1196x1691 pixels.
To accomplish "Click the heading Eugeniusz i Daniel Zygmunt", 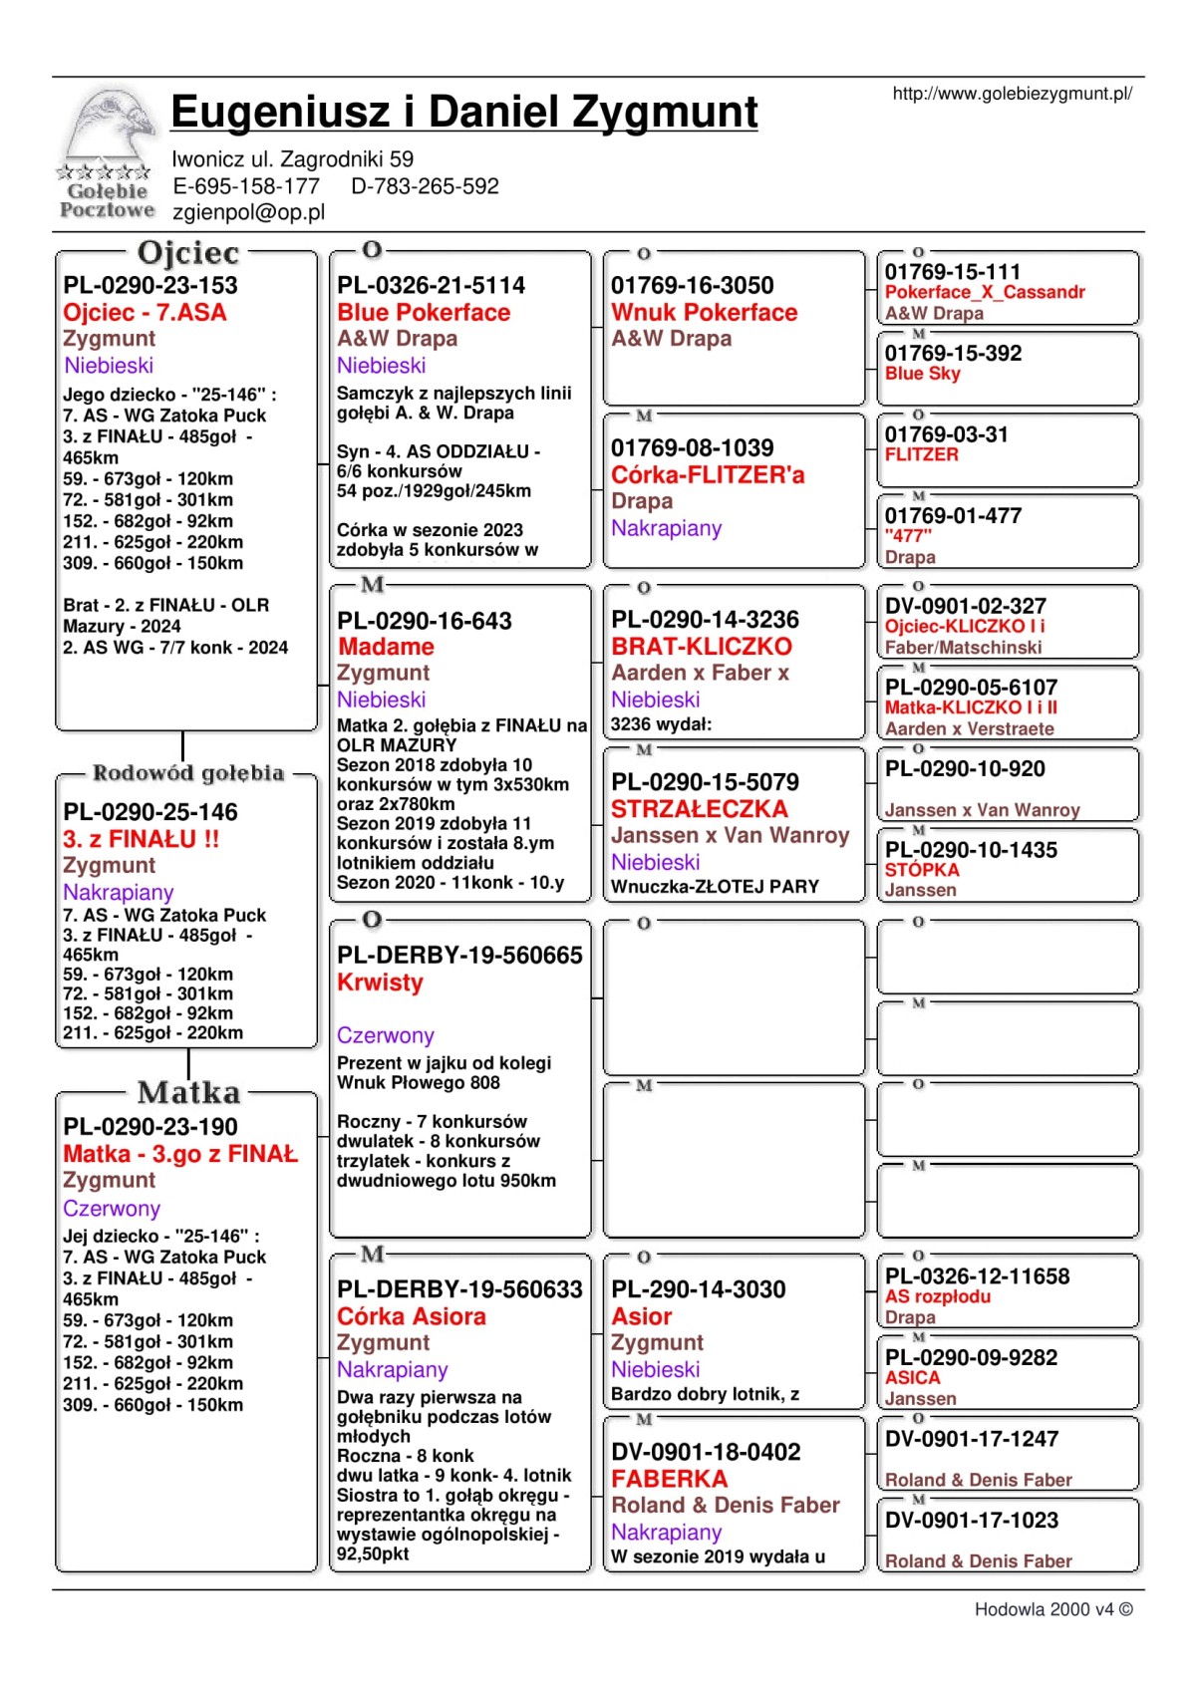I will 463,112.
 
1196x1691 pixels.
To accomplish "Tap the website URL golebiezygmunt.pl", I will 1012,94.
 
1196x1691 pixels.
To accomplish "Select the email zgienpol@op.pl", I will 248,212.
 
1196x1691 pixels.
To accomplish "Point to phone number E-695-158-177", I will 246,186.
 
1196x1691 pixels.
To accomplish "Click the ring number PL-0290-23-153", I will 150,285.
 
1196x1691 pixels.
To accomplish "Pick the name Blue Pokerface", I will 424,313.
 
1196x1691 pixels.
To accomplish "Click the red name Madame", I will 386,647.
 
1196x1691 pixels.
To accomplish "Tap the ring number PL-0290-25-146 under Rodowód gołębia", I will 150,812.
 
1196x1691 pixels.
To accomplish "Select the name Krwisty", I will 380,983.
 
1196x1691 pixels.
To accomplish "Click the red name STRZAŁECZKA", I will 699,809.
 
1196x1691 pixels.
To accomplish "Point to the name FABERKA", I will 669,1479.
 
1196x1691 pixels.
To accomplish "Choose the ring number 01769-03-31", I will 946,434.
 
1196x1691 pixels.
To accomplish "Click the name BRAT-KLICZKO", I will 701,647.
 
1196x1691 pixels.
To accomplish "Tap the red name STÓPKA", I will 922,870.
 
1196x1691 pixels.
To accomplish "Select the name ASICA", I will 912,1377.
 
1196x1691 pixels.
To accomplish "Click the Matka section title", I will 188,1093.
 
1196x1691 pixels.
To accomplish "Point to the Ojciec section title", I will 188,253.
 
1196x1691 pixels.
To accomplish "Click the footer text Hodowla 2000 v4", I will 1052,1609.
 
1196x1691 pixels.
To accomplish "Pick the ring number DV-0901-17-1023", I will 971,1521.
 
